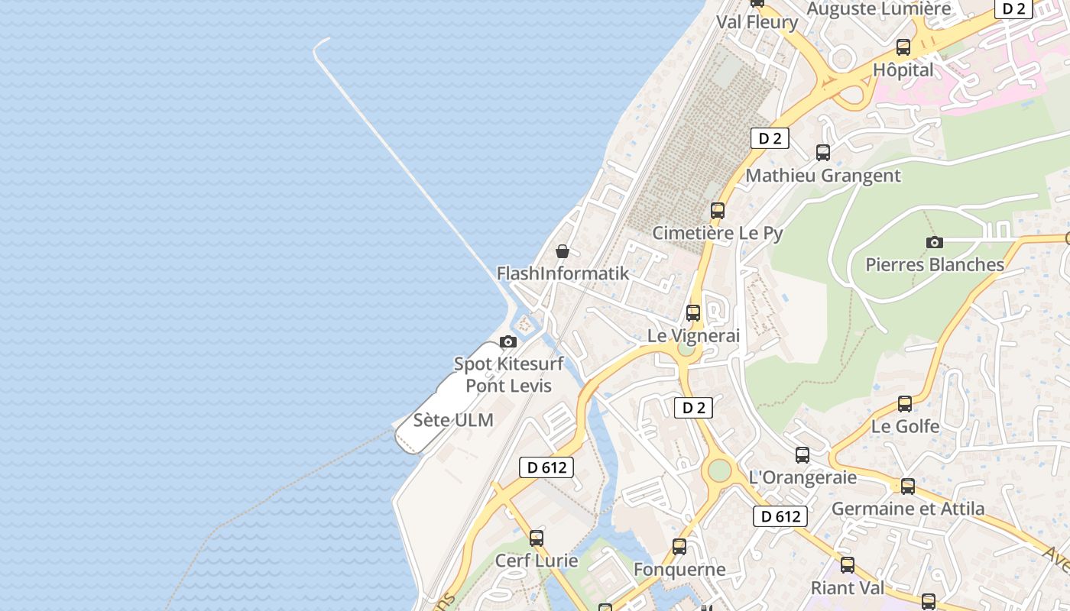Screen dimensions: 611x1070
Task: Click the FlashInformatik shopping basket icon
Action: coord(563,251)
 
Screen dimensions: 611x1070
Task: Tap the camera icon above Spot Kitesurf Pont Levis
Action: coord(508,341)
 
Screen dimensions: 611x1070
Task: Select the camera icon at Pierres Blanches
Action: coord(934,242)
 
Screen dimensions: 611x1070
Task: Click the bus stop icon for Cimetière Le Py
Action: coord(718,210)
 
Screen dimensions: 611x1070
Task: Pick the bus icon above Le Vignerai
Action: coord(693,312)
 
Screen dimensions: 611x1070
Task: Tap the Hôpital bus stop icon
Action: coord(903,47)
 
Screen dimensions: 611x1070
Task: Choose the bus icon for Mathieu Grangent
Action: coord(823,152)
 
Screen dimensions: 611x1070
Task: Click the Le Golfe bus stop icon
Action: coord(905,403)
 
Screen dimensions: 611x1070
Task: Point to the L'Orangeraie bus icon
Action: coord(802,455)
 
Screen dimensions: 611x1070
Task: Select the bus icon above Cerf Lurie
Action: coord(537,538)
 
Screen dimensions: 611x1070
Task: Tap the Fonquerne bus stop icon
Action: coord(679,547)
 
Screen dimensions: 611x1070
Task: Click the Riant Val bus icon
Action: coord(848,565)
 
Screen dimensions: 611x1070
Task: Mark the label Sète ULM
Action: coord(453,420)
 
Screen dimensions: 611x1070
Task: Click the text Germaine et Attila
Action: coord(908,509)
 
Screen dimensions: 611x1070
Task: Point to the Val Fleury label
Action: coord(757,22)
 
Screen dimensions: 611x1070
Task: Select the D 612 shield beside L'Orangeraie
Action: coord(781,516)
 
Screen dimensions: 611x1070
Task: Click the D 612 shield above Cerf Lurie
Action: coord(546,467)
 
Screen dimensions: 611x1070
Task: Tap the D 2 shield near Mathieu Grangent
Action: coord(770,138)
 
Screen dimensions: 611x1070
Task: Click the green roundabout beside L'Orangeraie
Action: coord(718,470)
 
